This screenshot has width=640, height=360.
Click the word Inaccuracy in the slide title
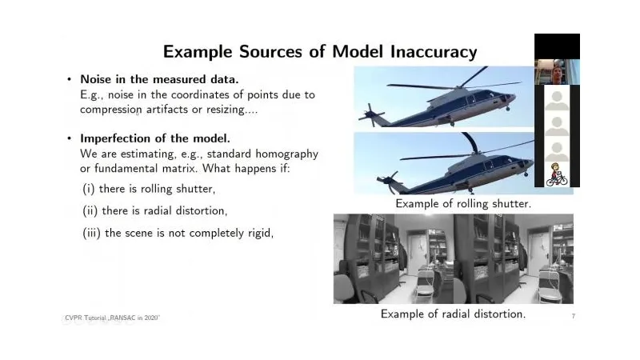434,52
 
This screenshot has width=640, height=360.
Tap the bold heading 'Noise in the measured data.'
159,79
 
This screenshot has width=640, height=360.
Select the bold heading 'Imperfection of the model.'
155,138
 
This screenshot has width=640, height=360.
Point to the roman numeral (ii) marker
90,211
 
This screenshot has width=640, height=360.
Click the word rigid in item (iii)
259,233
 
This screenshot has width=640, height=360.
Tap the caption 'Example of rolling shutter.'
463,204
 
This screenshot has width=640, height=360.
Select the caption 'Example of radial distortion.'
453,314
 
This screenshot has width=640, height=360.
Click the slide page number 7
574,316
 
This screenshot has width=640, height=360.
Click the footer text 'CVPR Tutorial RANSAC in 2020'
112,318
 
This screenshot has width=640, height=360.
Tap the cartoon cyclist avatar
557,174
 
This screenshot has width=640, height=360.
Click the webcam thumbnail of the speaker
557,72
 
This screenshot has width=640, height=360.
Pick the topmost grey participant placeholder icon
557,100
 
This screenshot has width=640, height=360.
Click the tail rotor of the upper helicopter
370,115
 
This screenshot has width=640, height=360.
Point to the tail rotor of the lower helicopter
388,182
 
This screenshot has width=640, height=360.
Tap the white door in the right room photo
535,250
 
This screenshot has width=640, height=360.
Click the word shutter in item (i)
195,189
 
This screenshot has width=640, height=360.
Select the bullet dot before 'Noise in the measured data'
69,79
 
